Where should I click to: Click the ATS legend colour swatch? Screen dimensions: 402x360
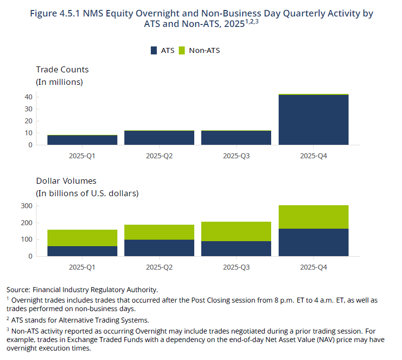154,50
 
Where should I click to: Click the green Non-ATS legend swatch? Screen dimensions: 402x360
182,50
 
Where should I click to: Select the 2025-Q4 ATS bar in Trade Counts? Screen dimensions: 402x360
314,120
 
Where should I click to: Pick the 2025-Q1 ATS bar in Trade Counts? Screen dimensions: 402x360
82,140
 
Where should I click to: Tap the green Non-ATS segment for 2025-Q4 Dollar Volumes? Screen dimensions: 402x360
314,217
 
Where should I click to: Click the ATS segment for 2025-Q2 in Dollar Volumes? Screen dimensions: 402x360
159,248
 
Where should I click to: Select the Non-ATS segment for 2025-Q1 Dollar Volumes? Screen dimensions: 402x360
82,238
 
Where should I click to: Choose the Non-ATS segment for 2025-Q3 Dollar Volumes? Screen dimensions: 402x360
236,232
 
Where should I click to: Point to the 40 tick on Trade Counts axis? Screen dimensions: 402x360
28,97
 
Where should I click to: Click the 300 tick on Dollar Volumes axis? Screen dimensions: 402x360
26,206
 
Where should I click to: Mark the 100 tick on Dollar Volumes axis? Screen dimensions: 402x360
26,240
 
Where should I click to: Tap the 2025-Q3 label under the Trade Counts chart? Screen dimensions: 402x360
236,156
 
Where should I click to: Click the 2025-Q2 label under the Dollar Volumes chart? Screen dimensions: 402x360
159,267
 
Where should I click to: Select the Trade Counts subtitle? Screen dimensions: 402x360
62,69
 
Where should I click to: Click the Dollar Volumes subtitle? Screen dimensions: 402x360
66,181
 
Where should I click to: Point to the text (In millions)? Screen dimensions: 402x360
59,82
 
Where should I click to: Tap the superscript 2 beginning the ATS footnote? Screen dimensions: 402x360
7,319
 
